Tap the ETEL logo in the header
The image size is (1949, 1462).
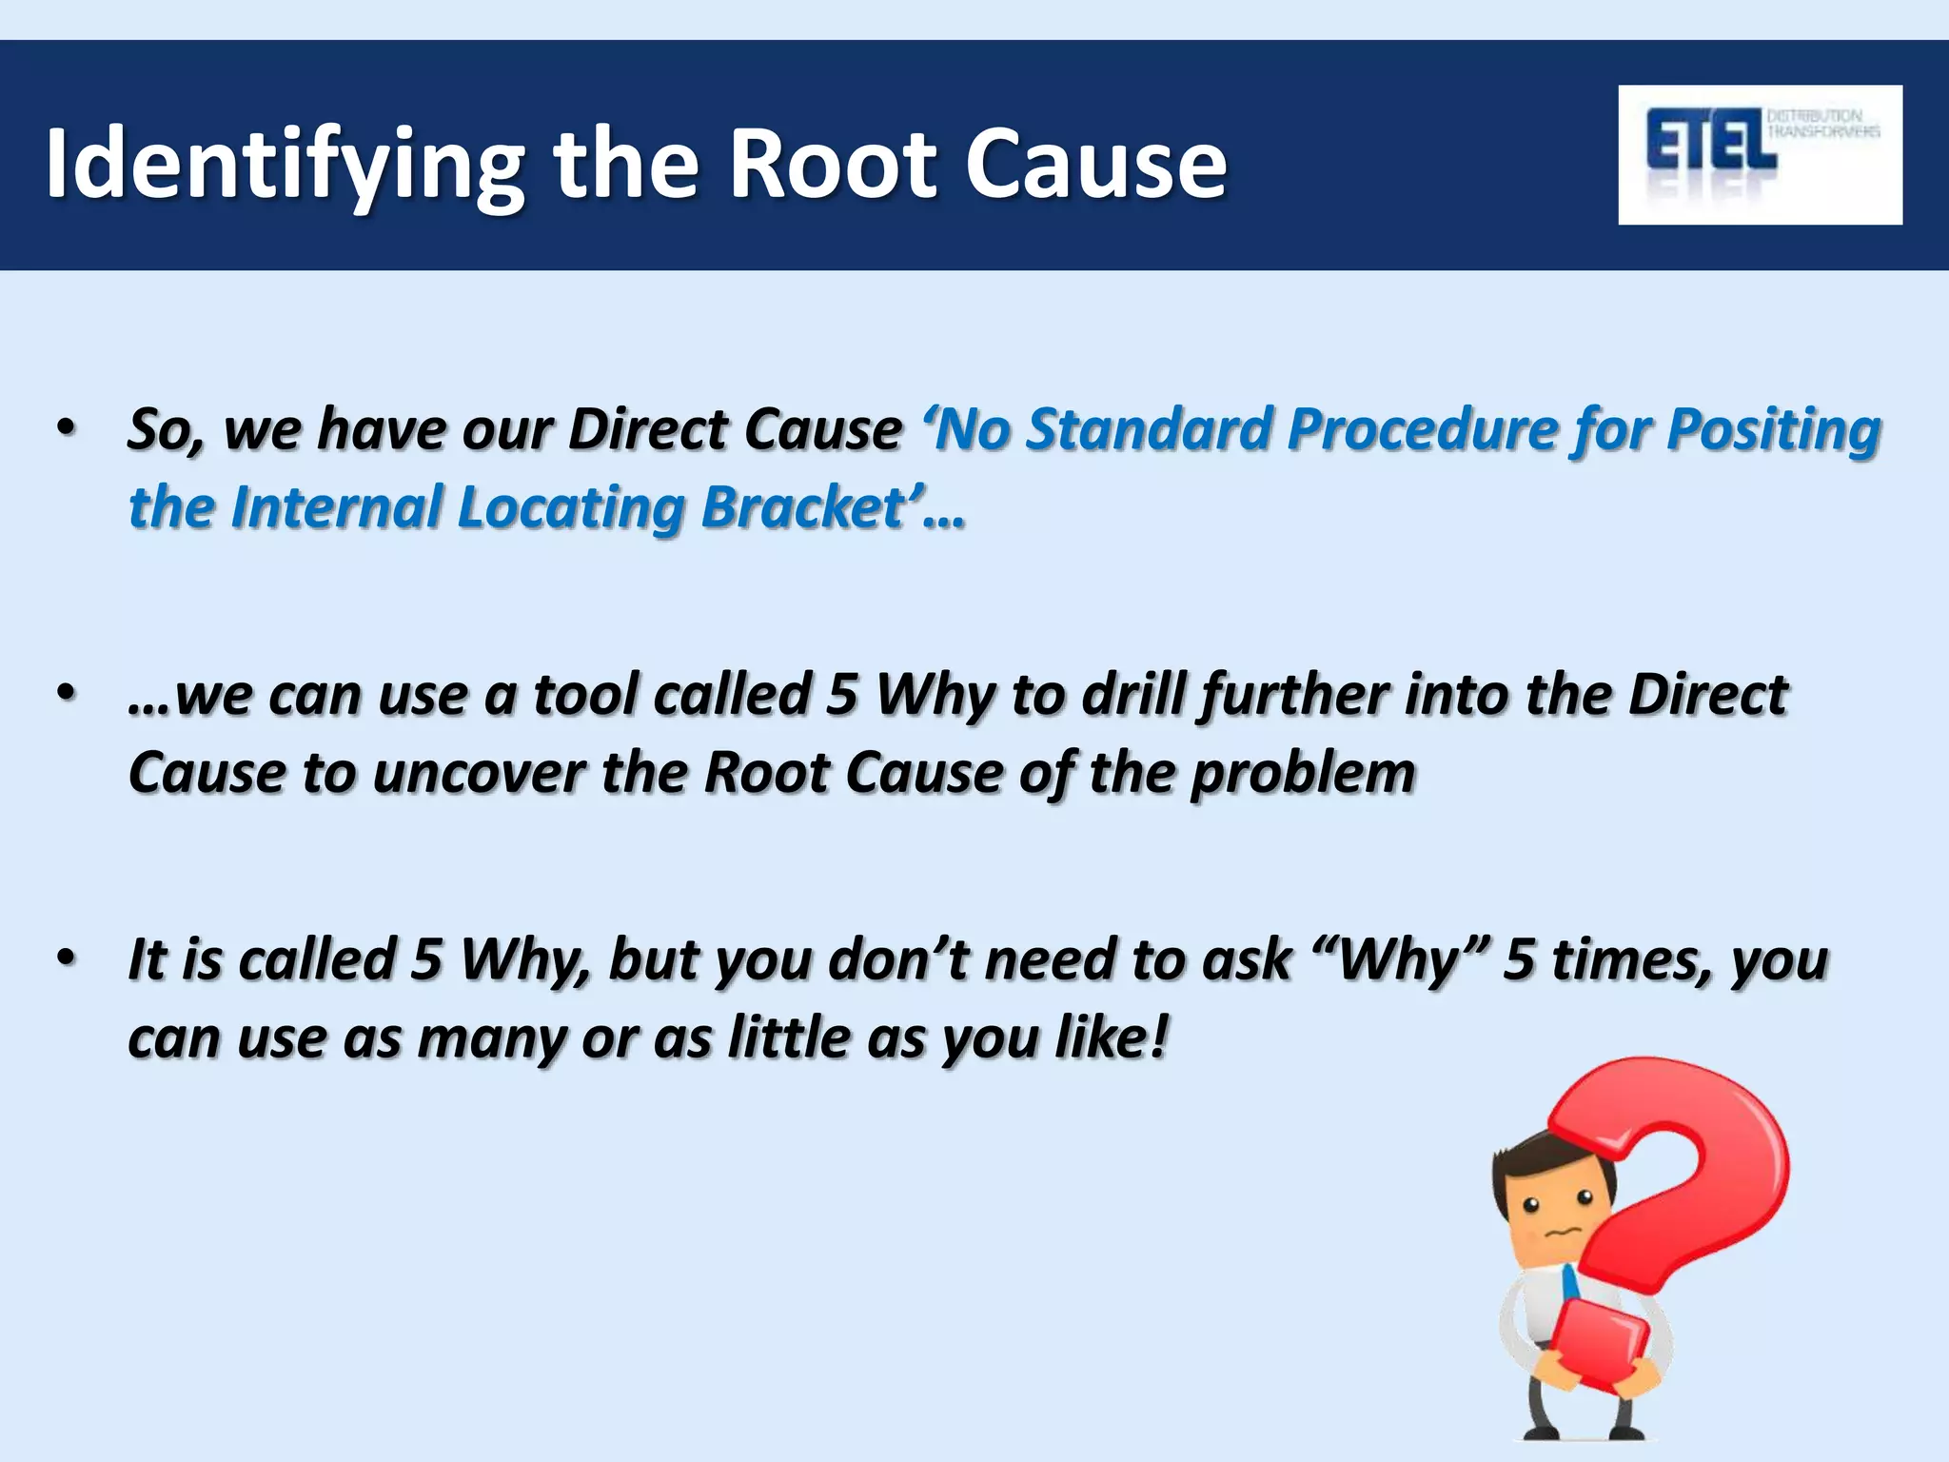[x=1759, y=154]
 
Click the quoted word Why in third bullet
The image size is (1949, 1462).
[x=1399, y=958]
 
